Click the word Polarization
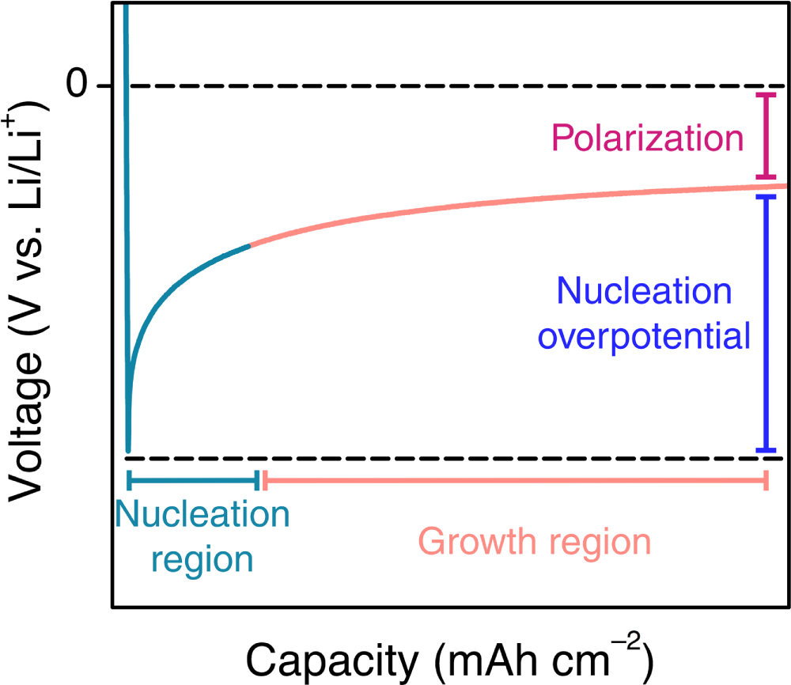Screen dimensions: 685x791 [648, 139]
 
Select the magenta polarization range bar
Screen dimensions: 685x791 [765, 136]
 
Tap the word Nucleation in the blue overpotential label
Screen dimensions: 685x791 [645, 292]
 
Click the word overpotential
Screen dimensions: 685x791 [644, 337]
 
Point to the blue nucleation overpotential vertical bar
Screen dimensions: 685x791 [765, 323]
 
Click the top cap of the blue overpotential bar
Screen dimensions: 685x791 [765, 195]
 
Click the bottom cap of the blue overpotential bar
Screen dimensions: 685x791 [765, 450]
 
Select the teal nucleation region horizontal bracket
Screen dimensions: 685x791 [193, 479]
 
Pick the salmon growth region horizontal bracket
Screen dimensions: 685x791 [514, 479]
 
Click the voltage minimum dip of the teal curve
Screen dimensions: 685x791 [128, 448]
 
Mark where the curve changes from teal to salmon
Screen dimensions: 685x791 [250, 246]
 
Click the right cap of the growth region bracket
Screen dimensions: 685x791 [766, 479]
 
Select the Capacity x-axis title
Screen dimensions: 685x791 [450, 657]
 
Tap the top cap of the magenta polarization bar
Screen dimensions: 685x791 [765, 95]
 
